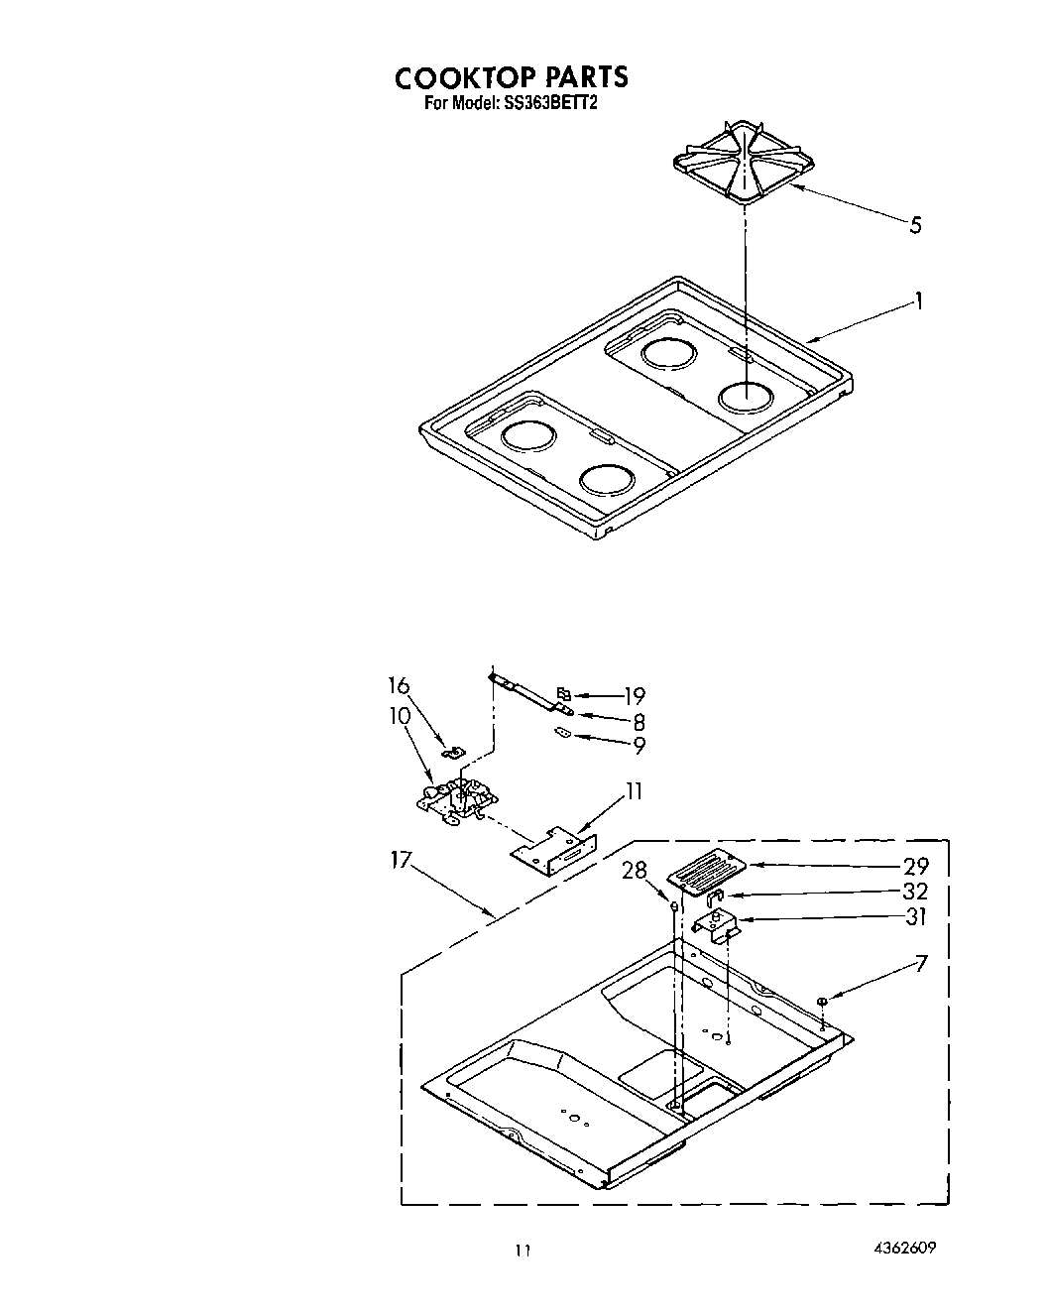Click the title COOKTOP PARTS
tap(511, 76)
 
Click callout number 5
tap(915, 225)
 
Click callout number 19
tap(635, 695)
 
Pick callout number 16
tap(399, 686)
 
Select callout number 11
tap(634, 791)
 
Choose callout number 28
tap(635, 871)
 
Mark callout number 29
tap(915, 865)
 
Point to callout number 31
tap(915, 917)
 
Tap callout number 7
tap(922, 962)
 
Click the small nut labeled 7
tap(823, 1001)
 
